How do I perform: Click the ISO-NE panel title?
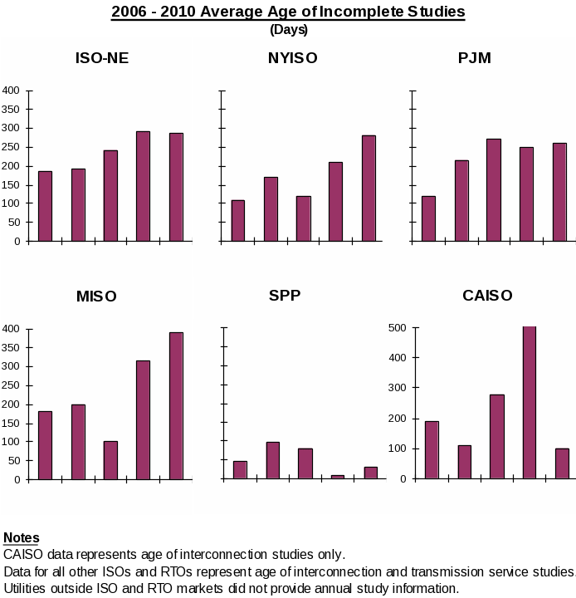(102, 58)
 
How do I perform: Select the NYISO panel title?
(292, 58)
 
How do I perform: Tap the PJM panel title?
(474, 58)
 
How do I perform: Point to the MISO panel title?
(96, 297)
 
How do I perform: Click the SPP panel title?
(285, 296)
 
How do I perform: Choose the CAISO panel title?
(487, 296)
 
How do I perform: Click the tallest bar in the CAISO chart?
(529, 402)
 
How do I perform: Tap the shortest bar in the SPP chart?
(338, 477)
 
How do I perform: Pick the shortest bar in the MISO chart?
(110, 460)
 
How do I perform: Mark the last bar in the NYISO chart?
(369, 188)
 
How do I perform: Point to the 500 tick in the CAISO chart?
(397, 328)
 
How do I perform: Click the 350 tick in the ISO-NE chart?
(11, 109)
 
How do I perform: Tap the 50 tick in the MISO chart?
(14, 460)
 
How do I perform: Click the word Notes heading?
(22, 538)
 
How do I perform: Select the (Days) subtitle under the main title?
(289, 30)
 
